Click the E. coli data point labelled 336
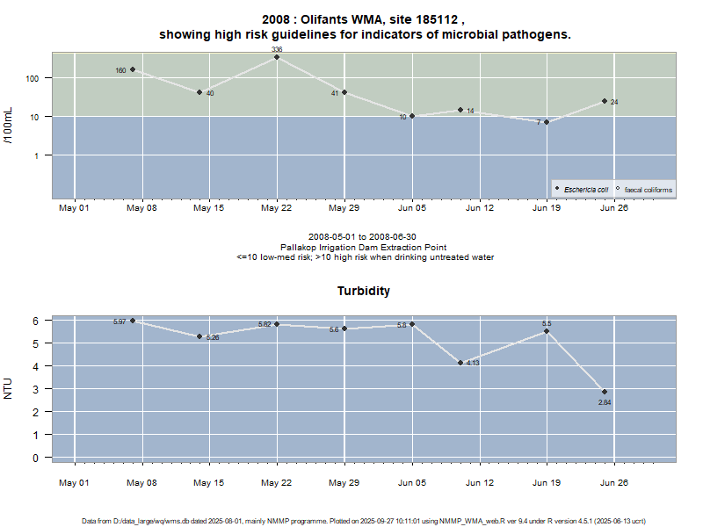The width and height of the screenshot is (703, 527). [x=277, y=57]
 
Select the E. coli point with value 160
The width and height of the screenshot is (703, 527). [x=133, y=69]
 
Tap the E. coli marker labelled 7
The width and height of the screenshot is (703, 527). [x=547, y=122]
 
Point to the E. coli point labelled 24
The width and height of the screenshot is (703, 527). [x=605, y=101]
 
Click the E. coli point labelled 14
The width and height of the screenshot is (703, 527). [x=460, y=110]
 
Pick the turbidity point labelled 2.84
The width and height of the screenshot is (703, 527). [x=605, y=392]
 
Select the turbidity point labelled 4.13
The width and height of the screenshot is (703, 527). [x=460, y=363]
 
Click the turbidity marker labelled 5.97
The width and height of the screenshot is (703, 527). [x=133, y=321]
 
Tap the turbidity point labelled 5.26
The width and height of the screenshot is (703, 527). [x=199, y=336]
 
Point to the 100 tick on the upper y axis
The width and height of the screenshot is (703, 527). [x=34, y=78]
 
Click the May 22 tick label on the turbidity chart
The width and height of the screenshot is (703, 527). [x=277, y=482]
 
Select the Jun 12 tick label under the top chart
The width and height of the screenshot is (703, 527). [x=480, y=208]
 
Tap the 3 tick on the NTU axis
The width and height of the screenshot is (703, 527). [x=36, y=388]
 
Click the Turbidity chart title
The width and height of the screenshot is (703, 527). [x=364, y=291]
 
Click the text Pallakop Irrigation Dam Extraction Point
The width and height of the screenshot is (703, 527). [x=365, y=247]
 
